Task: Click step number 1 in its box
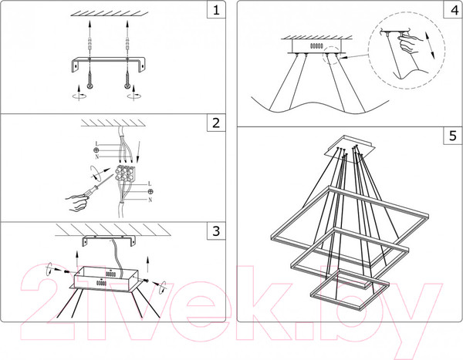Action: pos(216,10)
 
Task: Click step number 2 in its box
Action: pos(216,123)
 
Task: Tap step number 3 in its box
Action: pos(216,231)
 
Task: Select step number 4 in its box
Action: pos(454,10)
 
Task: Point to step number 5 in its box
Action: pos(453,136)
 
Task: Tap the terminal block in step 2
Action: pos(125,173)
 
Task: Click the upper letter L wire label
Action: pos(96,144)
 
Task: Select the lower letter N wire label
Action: pos(150,200)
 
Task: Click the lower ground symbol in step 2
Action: pos(150,191)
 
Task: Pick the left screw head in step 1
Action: pos(90,86)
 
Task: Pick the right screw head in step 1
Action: pos(127,86)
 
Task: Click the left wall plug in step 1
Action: pos(90,44)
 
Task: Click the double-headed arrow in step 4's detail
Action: pos(429,45)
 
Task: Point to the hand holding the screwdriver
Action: pos(76,203)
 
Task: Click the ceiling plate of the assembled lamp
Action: pos(350,147)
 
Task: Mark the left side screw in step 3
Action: pos(66,271)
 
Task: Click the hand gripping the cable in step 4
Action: pos(408,43)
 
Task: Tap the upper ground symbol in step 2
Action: pos(96,150)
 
